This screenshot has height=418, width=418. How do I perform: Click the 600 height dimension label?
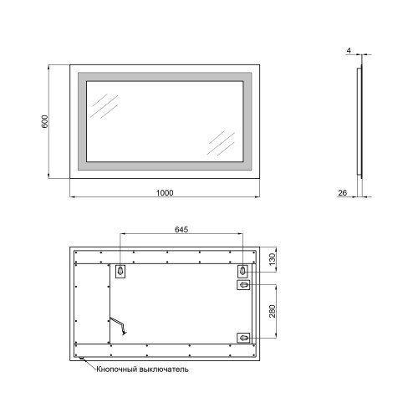point(44,121)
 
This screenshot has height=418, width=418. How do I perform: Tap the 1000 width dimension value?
point(165,192)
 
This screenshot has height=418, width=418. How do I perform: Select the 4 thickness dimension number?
point(349,51)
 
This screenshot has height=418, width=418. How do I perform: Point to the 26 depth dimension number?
point(343,192)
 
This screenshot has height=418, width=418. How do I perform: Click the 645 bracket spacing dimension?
point(181,229)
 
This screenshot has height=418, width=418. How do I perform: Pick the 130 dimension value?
point(273,259)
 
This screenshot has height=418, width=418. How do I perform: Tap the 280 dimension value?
point(273,311)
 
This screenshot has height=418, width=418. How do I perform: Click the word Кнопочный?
point(117,370)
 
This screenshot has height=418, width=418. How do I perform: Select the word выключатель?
point(164,370)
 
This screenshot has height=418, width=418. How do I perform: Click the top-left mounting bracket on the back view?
point(120,271)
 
